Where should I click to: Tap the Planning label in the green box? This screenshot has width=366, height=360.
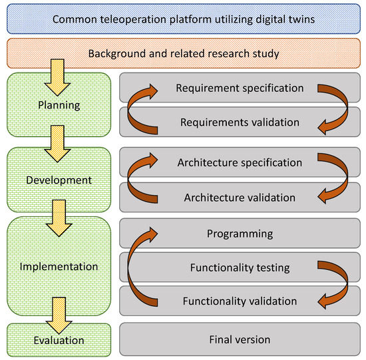click(x=59, y=104)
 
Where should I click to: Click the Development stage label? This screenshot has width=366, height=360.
click(x=59, y=180)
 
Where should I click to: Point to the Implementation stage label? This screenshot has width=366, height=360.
click(x=59, y=266)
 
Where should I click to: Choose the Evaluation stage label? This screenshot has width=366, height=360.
click(x=59, y=340)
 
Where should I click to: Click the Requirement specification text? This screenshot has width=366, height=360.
click(x=240, y=88)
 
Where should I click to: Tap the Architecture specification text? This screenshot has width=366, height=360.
click(x=240, y=162)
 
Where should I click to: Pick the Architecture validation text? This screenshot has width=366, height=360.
click(x=240, y=197)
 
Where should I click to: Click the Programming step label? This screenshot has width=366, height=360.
click(x=240, y=234)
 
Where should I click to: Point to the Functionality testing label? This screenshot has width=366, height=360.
click(x=240, y=268)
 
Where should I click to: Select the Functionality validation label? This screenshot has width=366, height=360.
click(x=240, y=301)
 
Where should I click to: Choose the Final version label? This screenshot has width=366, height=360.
click(x=240, y=339)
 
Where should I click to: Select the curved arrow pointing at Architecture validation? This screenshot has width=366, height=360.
click(x=336, y=180)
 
